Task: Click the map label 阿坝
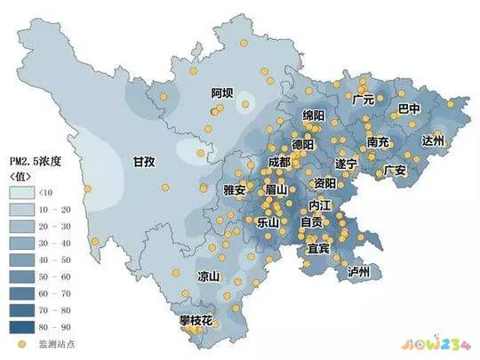click(222, 93)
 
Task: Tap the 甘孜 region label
click(144, 162)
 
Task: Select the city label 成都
click(278, 162)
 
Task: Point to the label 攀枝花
click(196, 319)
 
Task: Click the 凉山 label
click(209, 276)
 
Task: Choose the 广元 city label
click(364, 100)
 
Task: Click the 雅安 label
click(235, 190)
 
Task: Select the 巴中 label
click(409, 110)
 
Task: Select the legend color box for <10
click(22, 192)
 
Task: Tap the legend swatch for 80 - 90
click(22, 324)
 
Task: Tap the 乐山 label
click(268, 221)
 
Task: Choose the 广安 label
click(395, 170)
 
